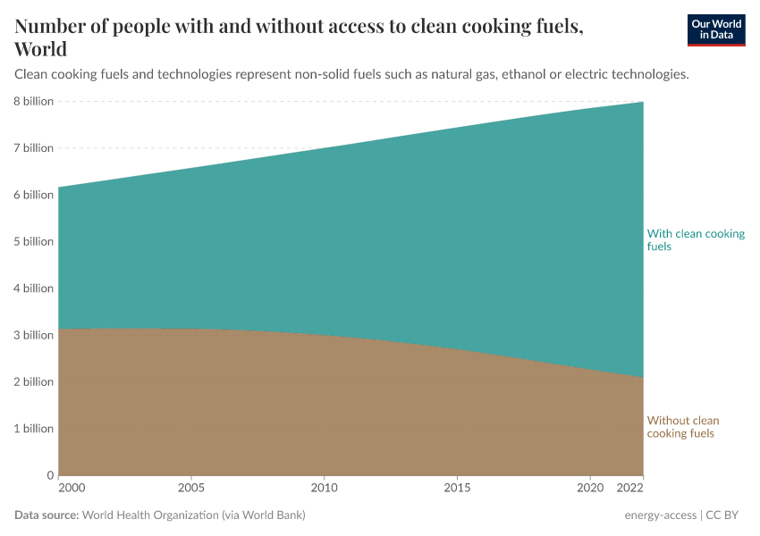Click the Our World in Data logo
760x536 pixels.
click(716, 29)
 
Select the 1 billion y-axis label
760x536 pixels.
click(32, 428)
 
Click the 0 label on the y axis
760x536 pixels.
click(50, 475)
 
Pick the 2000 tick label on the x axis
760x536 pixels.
click(72, 489)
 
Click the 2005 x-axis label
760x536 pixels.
click(191, 489)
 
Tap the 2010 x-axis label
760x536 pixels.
click(325, 489)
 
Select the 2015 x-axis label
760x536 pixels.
click(457, 489)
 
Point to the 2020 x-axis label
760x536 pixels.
click(589, 489)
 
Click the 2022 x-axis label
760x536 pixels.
click(630, 489)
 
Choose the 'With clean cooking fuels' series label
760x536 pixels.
click(696, 239)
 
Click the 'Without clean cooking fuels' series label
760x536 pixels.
click(682, 427)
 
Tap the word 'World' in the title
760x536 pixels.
click(40, 49)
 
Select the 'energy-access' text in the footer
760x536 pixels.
click(662, 515)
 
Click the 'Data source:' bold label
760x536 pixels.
click(46, 515)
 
